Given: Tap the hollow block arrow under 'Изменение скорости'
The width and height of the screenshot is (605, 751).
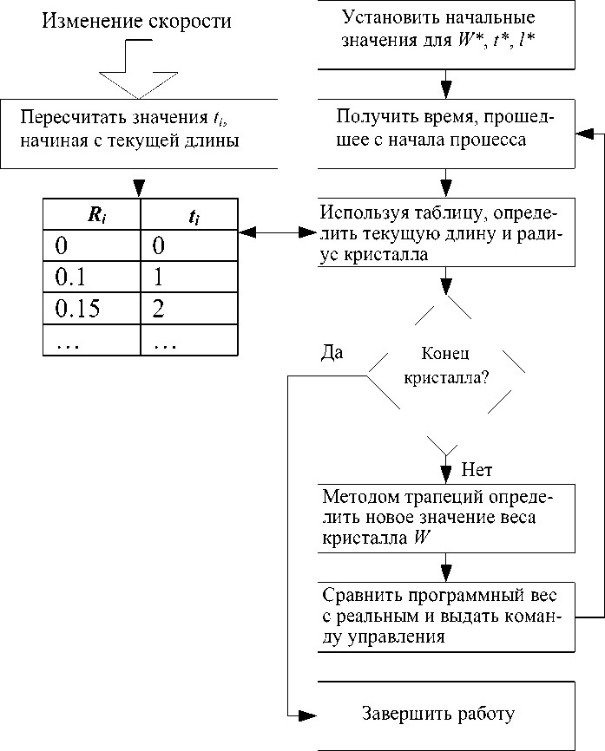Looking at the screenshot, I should pos(137,83).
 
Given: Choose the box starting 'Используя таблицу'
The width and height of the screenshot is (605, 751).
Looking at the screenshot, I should pos(446,233).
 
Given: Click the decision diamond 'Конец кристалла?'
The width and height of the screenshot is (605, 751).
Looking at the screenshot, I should pos(446,368).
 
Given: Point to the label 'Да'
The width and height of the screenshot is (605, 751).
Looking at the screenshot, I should pos(332,353).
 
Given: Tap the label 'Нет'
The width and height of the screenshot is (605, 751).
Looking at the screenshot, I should pos(477,471).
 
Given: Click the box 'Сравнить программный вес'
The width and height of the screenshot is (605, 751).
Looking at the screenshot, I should pos(446,617).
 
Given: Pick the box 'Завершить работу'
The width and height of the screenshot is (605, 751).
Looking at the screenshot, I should pos(446,715).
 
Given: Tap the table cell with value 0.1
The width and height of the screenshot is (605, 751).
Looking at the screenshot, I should pos(92,278).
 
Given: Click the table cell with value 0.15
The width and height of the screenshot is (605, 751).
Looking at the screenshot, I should pos(92,309).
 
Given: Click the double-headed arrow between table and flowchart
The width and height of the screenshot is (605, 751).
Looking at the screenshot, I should pos(278,232).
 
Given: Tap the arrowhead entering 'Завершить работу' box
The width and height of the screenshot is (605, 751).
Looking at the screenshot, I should pos(307,715).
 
